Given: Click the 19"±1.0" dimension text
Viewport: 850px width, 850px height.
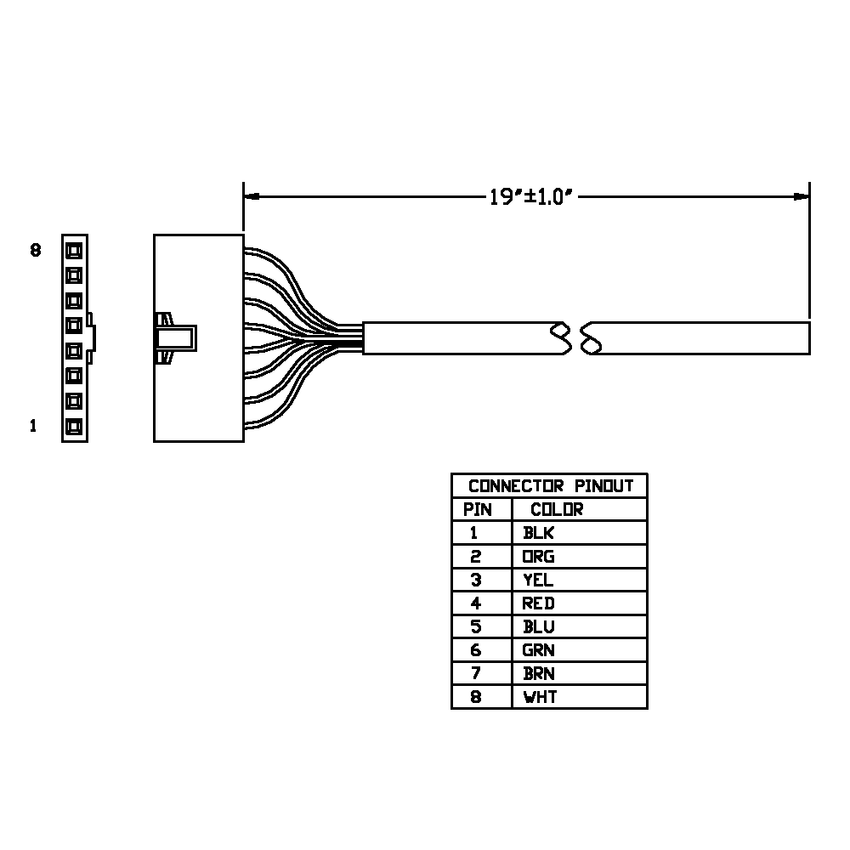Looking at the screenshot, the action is point(530,197).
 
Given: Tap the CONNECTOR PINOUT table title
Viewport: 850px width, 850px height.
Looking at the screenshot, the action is point(551,485).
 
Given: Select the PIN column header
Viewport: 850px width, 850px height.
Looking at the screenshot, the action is point(477,509).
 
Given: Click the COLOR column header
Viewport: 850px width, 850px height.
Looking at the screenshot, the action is point(557,509).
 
